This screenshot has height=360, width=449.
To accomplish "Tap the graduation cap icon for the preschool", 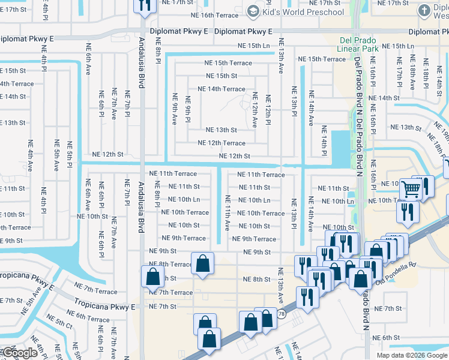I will (x=253, y=11).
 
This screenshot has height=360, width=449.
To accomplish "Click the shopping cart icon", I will (x=411, y=190).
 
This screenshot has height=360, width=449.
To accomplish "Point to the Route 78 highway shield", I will (x=281, y=314).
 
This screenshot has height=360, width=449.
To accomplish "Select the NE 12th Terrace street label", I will (x=221, y=143).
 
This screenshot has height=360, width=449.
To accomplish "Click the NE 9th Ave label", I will (x=175, y=109).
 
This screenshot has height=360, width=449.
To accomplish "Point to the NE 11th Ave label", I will (x=228, y=213).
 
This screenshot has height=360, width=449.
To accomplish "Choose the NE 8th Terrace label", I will (x=170, y=264).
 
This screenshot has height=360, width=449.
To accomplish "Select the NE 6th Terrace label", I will (x=88, y=316).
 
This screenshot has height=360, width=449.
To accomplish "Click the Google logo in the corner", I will (x=20, y=353).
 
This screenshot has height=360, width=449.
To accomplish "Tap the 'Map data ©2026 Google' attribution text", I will (x=412, y=355).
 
